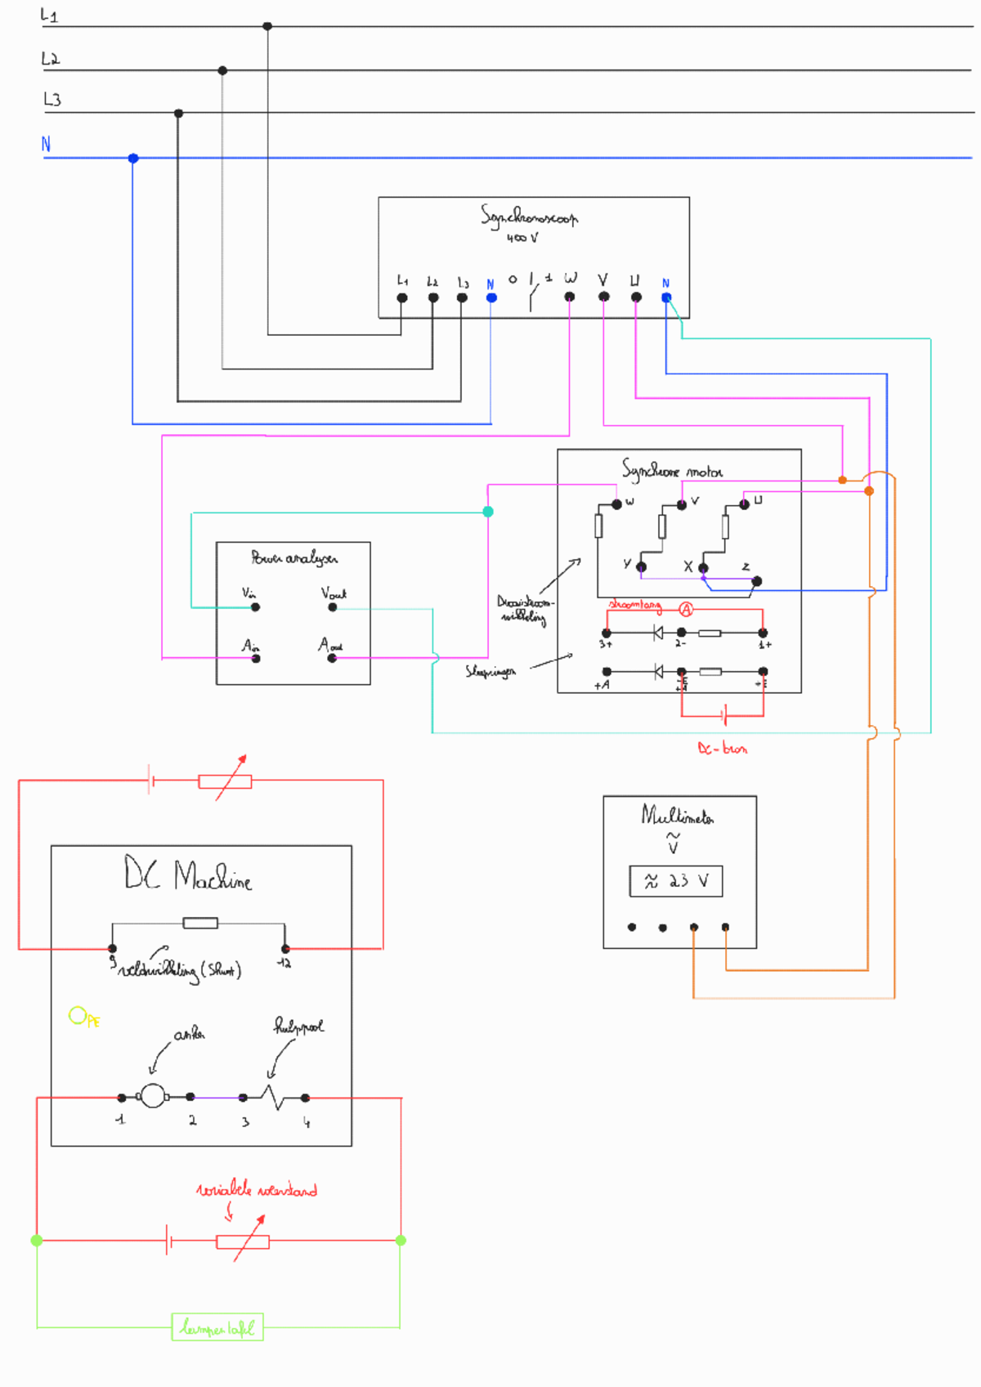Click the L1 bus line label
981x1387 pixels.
tap(49, 16)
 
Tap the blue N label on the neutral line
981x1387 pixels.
tap(47, 144)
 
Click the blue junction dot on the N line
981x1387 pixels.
tap(133, 158)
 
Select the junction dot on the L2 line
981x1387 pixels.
tap(222, 70)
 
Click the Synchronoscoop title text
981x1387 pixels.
tap(528, 217)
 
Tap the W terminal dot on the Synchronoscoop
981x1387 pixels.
tap(570, 297)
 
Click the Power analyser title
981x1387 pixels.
tap(293, 558)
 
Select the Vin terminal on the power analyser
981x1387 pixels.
tap(255, 607)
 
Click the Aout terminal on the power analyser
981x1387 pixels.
tap(332, 657)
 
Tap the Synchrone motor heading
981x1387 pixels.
tap(671, 471)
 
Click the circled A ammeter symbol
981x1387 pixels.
tap(686, 609)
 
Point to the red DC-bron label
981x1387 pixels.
tap(722, 748)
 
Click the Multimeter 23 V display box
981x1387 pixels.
tap(675, 881)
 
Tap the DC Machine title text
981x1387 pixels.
tap(188, 875)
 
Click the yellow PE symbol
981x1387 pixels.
tap(83, 1017)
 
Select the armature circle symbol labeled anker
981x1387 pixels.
tap(153, 1095)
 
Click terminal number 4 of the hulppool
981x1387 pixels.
tap(305, 1098)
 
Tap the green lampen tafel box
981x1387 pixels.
tap(217, 1327)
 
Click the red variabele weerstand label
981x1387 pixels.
tap(257, 1190)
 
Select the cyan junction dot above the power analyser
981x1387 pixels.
tap(488, 512)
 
